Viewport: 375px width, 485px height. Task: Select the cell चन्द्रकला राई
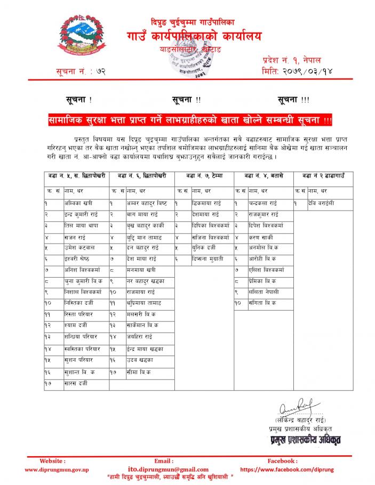click(x=263, y=204)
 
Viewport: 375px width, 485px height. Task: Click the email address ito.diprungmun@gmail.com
click(x=163, y=470)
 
